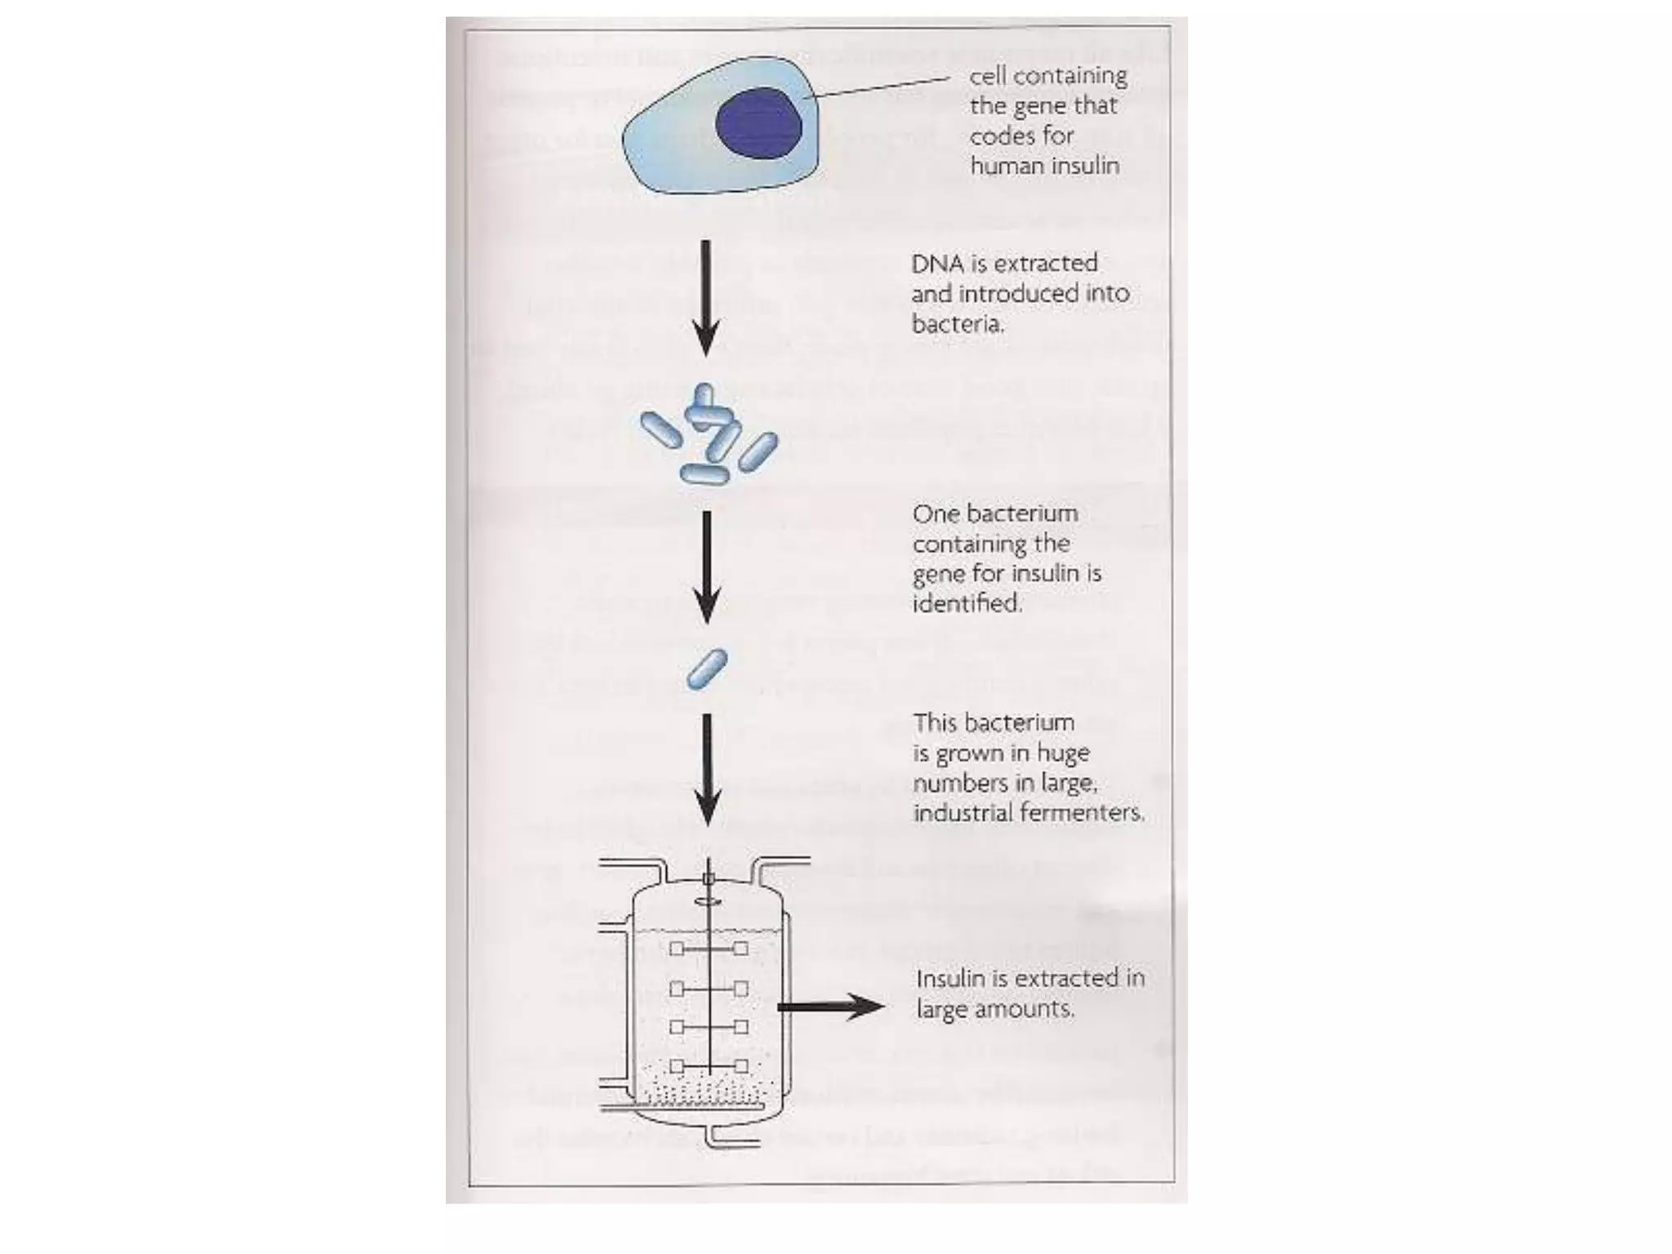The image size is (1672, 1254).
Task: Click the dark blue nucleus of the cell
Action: [758, 123]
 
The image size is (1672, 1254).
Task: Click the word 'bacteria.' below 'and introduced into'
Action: [958, 325]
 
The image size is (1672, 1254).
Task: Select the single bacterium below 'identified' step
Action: [707, 669]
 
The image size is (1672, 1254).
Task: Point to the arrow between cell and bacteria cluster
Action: [706, 298]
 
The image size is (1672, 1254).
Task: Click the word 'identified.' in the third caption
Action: [967, 604]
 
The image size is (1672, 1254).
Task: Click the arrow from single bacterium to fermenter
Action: [707, 769]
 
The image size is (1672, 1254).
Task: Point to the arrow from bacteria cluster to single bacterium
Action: [707, 567]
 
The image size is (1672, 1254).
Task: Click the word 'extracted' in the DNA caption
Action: [1047, 264]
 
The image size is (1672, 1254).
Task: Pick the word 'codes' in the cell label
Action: [1000, 136]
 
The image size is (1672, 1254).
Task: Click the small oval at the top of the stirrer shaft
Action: [708, 902]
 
